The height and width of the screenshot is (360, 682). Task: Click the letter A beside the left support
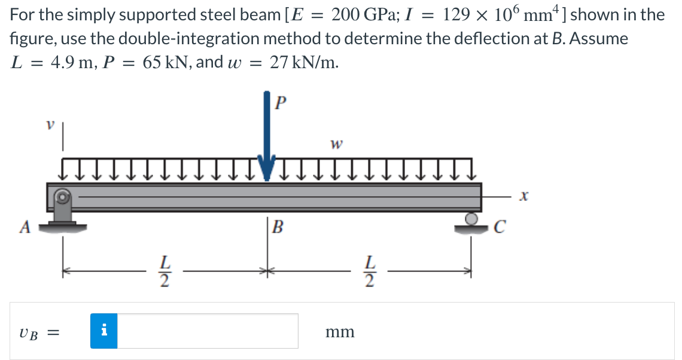pos(25,227)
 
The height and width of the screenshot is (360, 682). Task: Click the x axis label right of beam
pos(523,196)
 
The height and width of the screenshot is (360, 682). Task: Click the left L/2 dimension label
pos(163,271)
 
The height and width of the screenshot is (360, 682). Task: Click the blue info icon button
pos(104,331)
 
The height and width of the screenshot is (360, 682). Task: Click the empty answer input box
pos(208,331)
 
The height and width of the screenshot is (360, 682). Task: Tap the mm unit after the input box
pos(339,331)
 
